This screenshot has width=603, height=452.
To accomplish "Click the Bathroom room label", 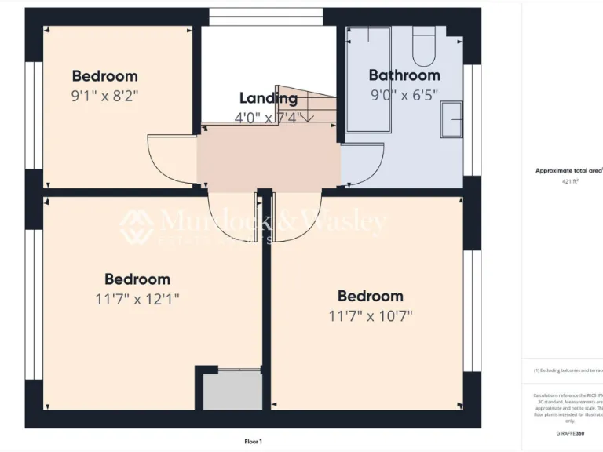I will pos(404,75).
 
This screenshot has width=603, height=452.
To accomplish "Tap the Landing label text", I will pos(269,98).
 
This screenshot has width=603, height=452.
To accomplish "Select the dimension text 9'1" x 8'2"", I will pos(104,96).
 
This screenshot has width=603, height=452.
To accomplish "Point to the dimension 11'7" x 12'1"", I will pos(137,299).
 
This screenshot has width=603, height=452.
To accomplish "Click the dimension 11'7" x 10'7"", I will pos(371,316).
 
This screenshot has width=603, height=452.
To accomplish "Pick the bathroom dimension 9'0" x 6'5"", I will pos(404,94).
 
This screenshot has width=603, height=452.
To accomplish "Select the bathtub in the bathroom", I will pos(367,78).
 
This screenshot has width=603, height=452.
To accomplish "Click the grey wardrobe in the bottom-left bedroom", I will pos(232,390).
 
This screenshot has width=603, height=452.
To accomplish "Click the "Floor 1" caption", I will pos(253,442).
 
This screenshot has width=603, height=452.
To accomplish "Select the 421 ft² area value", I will pos(570,181).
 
